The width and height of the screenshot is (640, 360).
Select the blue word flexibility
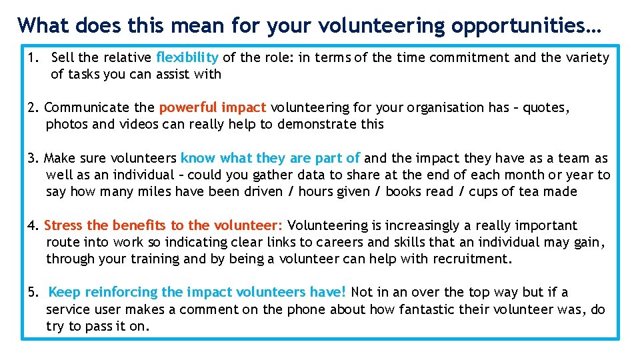click(x=187, y=57)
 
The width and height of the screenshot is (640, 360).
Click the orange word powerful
click(x=189, y=107)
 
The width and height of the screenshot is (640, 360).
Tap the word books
click(x=403, y=192)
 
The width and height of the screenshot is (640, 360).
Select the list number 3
click(x=32, y=158)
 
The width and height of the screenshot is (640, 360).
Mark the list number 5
click(x=32, y=292)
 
